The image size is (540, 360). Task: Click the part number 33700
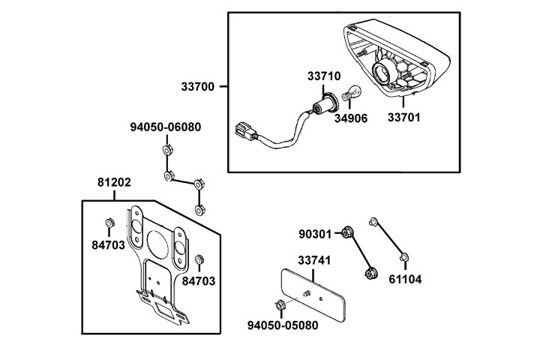point(197,87)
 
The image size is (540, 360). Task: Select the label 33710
point(324,76)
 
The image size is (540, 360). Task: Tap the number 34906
point(351,118)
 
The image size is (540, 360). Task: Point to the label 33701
point(404,117)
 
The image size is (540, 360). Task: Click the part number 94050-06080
point(166,127)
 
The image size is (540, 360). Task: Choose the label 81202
point(115,182)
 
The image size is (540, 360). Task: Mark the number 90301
point(314,234)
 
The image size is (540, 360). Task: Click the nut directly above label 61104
point(404,259)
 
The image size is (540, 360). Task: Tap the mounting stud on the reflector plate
point(307,291)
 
